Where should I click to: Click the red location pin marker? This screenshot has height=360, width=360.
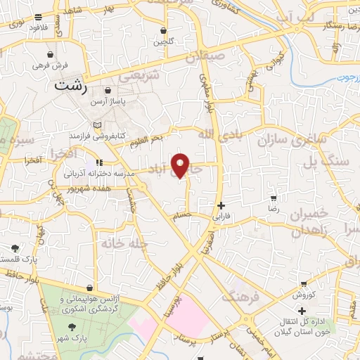(x=181, y=165)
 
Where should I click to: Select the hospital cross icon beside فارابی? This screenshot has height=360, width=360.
(x=221, y=206)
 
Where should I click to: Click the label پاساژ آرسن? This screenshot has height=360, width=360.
(x=110, y=102)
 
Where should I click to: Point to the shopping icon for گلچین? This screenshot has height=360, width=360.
(x=164, y=31)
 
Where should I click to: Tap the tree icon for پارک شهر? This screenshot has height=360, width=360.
(x=71, y=326)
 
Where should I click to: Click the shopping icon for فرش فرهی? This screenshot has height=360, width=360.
(x=51, y=54)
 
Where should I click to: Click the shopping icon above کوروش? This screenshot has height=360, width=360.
(x=302, y=284)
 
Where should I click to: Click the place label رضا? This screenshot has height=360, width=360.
(x=274, y=210)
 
